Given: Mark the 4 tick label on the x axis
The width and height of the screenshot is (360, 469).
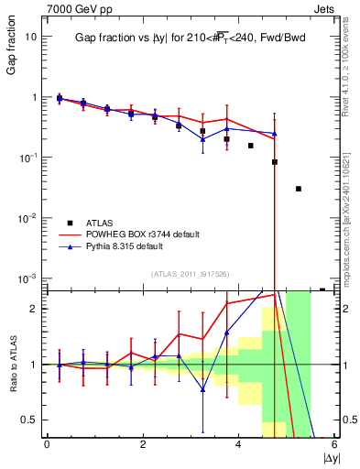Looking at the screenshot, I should pyautogui.click(x=238, y=445).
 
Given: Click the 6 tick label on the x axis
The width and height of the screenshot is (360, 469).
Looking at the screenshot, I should pyautogui.click(x=334, y=445).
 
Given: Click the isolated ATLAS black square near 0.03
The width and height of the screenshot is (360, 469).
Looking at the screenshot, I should pyautogui.click(x=299, y=189).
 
